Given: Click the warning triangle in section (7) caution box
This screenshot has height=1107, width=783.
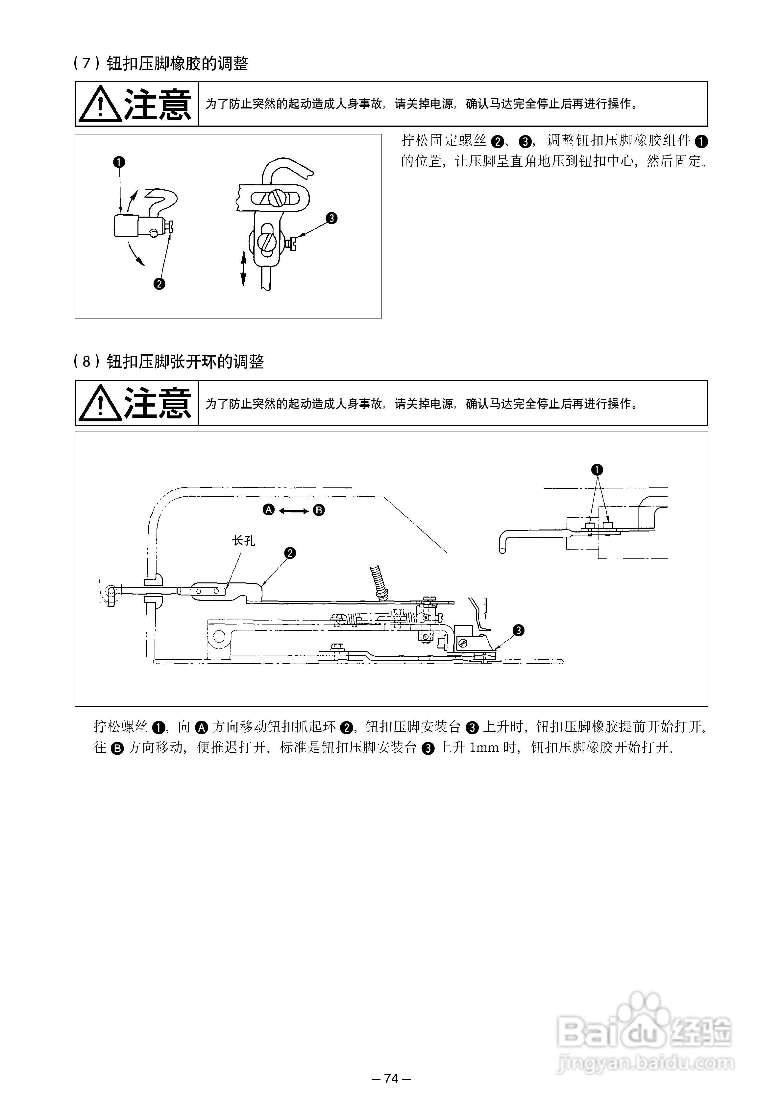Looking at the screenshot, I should click(x=100, y=104).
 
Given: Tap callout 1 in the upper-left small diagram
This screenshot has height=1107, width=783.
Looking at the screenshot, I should click(x=119, y=162).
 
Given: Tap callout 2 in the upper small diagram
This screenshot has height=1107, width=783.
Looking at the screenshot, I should click(x=159, y=284).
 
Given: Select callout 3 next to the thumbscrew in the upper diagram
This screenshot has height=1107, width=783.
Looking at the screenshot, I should click(x=331, y=219).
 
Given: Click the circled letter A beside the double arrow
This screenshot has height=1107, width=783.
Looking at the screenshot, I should click(x=269, y=510).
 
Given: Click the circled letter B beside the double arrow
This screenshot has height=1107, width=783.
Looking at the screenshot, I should click(x=319, y=510).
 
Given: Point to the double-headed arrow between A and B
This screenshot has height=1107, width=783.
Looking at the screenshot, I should click(x=294, y=510).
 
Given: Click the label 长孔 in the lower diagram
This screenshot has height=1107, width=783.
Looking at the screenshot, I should click(x=244, y=540).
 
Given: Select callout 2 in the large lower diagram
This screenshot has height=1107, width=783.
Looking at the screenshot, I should click(x=290, y=553).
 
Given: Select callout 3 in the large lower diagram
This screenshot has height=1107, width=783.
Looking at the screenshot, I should click(x=518, y=630).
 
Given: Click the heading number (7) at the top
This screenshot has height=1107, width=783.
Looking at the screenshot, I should click(x=87, y=63).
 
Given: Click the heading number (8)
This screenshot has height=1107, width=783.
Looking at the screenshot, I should click(x=87, y=362).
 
